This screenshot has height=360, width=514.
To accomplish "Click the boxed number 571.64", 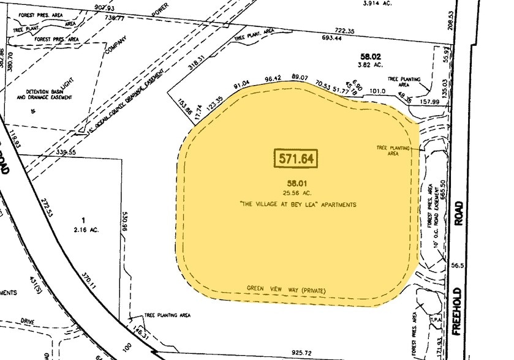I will coord(296,159).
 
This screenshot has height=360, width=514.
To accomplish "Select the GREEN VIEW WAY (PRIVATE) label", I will coord(285,289).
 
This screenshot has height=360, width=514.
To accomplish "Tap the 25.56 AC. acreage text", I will coord(293,193).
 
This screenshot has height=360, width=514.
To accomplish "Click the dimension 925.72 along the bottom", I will coord(307,353).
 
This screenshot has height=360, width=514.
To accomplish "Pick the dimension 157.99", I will coord(431,103).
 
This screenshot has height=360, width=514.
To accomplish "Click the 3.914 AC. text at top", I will coord(377,4).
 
